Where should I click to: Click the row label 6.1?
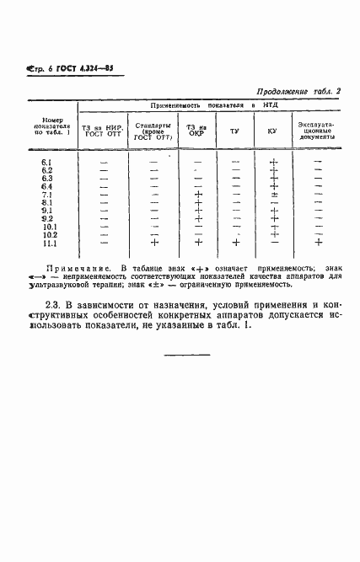(x=47, y=162)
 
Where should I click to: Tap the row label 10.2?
(x=48, y=235)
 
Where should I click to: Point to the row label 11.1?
(x=48, y=244)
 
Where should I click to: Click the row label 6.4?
(x=47, y=186)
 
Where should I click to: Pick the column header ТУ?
(x=235, y=131)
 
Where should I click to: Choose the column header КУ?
(x=272, y=131)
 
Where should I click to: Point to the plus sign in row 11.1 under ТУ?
(x=236, y=244)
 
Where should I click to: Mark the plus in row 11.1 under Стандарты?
(x=154, y=244)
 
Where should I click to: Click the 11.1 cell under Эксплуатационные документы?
(x=318, y=244)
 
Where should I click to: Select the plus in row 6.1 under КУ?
(x=273, y=162)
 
